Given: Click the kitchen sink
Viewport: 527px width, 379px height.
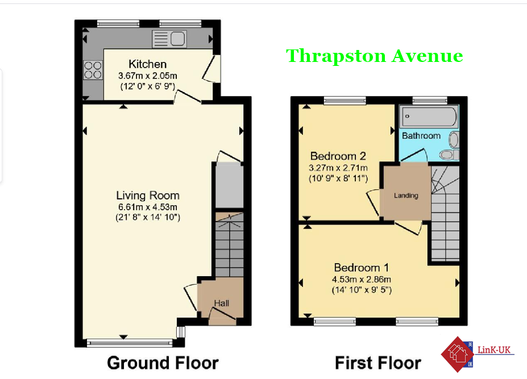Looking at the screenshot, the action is [x=169, y=39].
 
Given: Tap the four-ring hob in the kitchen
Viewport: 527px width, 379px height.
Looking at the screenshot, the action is [x=93, y=70].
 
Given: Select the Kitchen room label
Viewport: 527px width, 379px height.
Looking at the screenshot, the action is [x=148, y=64].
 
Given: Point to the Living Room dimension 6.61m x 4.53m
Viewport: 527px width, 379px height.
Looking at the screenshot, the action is [x=148, y=207].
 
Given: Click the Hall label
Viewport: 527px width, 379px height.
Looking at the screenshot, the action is [x=222, y=303].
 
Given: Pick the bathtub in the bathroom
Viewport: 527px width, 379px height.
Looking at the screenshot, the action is [x=429, y=116].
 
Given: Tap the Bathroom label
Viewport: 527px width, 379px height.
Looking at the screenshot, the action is [x=421, y=136].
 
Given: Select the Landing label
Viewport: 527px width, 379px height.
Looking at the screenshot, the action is [x=406, y=195].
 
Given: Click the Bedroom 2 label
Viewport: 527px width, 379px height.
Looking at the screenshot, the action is [x=338, y=156].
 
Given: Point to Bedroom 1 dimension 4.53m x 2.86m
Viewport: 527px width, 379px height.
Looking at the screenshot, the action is [x=362, y=279].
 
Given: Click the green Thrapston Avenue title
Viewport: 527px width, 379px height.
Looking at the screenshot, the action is [x=375, y=56].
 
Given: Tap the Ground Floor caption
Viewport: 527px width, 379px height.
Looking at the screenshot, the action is [x=163, y=363].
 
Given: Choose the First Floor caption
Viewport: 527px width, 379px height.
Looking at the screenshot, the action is [x=378, y=363].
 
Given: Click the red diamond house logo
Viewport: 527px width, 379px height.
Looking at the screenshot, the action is [x=458, y=354].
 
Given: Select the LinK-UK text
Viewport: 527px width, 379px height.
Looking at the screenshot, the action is [x=494, y=350].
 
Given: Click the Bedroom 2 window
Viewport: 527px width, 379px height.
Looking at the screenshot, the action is [x=345, y=100].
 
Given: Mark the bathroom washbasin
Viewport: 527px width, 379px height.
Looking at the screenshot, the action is [x=454, y=139].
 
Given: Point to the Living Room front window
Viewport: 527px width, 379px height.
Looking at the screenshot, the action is [x=130, y=343].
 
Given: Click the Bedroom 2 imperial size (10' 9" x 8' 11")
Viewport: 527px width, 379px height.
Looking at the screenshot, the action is [x=338, y=178].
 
